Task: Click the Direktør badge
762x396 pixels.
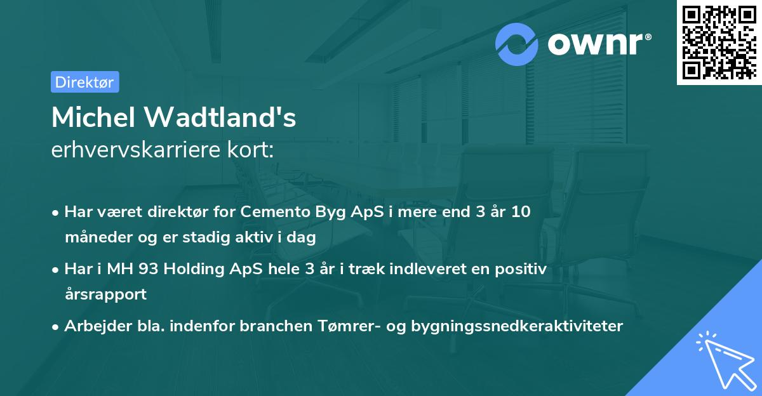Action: [84, 82]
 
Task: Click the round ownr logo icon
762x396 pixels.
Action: [516, 44]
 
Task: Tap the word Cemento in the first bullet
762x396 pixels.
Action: [271, 212]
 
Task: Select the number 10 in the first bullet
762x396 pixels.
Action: [521, 212]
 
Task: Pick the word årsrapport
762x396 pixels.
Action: [105, 294]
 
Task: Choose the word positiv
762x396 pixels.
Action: [520, 269]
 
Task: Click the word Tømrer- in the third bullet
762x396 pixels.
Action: [347, 326]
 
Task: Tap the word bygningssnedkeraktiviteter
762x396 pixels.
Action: [517, 326]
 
